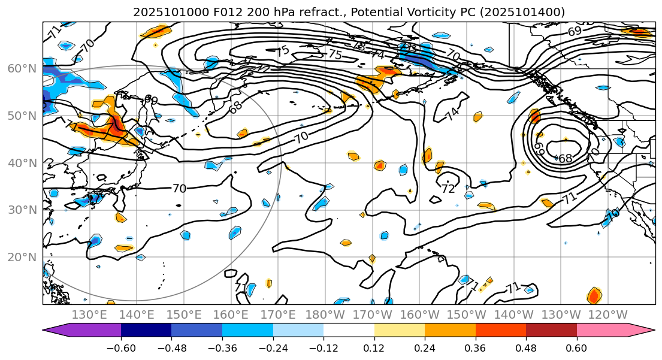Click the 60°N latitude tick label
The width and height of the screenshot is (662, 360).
[x=20, y=68]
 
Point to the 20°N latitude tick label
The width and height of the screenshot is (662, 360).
[x=20, y=257]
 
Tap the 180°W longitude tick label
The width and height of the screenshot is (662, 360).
[x=324, y=315]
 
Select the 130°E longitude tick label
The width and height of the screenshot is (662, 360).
[x=89, y=315]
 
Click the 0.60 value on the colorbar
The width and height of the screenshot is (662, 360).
[x=576, y=348]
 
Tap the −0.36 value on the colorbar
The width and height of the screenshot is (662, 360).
[x=221, y=348]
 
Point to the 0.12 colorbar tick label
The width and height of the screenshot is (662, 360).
[x=374, y=348]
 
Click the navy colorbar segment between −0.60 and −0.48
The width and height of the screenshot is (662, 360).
[x=146, y=330]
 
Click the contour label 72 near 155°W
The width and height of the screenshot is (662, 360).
[x=448, y=189]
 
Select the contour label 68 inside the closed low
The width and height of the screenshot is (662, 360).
[x=565, y=159]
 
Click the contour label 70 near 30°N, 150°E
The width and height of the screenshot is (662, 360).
[x=179, y=189]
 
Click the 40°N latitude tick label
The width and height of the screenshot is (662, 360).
[x=20, y=163]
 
